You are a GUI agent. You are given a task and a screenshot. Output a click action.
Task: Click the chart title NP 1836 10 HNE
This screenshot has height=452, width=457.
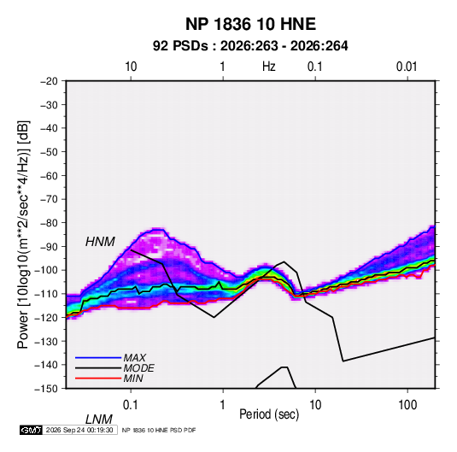(250, 24)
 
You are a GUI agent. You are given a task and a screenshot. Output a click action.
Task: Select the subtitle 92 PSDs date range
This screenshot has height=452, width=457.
(250, 46)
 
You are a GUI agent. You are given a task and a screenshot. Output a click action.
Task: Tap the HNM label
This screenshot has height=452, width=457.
(100, 242)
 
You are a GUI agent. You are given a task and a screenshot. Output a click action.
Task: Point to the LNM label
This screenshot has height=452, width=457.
(99, 420)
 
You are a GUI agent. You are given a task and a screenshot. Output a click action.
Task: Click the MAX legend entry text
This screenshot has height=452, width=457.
(135, 357)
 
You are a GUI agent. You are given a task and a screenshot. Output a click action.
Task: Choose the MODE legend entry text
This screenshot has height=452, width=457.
(138, 368)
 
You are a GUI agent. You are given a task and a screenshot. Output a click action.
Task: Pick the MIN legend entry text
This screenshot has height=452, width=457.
(133, 379)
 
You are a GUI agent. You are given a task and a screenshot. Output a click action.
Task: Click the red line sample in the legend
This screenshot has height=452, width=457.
(98, 379)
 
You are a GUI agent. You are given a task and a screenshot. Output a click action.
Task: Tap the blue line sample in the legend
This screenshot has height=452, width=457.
(98, 357)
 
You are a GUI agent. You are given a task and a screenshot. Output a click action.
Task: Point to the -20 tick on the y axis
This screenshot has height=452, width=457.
(49, 81)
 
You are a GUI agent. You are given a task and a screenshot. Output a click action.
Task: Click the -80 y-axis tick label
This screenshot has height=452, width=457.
(49, 223)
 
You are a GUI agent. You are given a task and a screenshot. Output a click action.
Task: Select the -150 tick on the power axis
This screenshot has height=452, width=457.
(46, 389)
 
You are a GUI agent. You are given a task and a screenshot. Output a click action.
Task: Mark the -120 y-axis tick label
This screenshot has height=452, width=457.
(46, 318)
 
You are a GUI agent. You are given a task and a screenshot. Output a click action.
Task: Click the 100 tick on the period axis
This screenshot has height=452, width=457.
(407, 405)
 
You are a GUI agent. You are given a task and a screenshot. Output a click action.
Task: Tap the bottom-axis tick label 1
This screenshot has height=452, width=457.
(223, 405)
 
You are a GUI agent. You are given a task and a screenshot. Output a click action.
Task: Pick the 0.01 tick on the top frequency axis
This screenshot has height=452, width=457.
(407, 67)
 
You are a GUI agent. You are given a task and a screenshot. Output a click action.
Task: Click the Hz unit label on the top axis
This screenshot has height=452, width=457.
(269, 67)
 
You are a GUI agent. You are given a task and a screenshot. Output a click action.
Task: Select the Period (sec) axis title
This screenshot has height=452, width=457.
(269, 414)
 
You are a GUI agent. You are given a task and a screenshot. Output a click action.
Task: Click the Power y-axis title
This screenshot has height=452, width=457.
(23, 234)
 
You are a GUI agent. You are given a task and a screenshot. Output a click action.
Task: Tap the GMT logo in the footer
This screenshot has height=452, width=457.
(31, 430)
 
